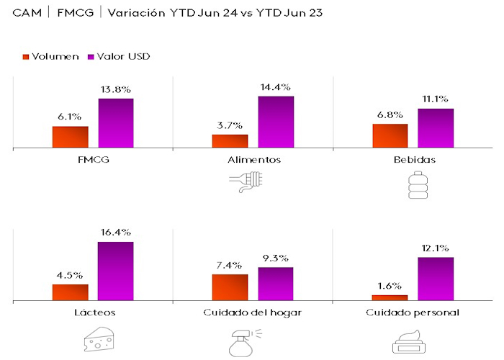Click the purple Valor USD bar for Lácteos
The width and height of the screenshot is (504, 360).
[x=116, y=271]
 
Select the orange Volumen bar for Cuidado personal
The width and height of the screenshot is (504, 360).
[x=390, y=297]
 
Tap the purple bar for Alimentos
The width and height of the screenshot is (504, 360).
[x=276, y=122]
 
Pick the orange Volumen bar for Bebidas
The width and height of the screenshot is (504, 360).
[x=390, y=135]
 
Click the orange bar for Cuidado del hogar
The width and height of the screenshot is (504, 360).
[x=230, y=287]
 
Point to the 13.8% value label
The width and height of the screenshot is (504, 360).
[x=116, y=90]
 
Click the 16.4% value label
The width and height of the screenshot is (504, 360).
[x=116, y=233]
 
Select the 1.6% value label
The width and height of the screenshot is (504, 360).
[x=390, y=286]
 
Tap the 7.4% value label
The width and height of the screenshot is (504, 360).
[x=230, y=266]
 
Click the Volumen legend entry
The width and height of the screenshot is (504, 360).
[x=50, y=57]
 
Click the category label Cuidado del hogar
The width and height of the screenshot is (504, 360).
[x=252, y=312]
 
